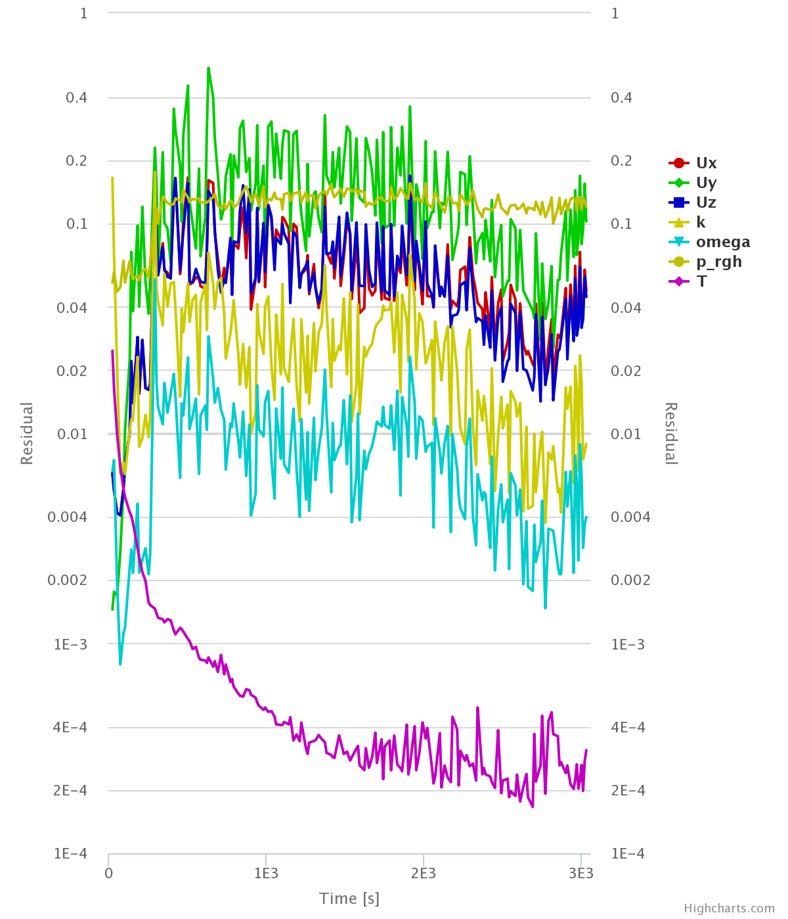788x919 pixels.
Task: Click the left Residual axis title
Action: click(27, 433)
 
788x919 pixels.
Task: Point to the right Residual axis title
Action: click(670, 433)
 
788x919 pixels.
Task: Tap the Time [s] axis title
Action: click(349, 899)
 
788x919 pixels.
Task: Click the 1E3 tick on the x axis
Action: click(265, 874)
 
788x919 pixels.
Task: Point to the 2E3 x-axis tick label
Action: click(424, 874)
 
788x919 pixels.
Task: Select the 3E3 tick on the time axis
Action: click(581, 874)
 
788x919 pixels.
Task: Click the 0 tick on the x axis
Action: click(108, 874)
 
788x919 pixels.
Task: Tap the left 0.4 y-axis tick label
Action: click(76, 98)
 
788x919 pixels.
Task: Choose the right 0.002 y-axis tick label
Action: click(630, 580)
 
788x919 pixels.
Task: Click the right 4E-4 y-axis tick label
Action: click(627, 727)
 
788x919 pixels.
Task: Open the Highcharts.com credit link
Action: click(729, 908)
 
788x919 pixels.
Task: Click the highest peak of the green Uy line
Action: click(208, 68)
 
